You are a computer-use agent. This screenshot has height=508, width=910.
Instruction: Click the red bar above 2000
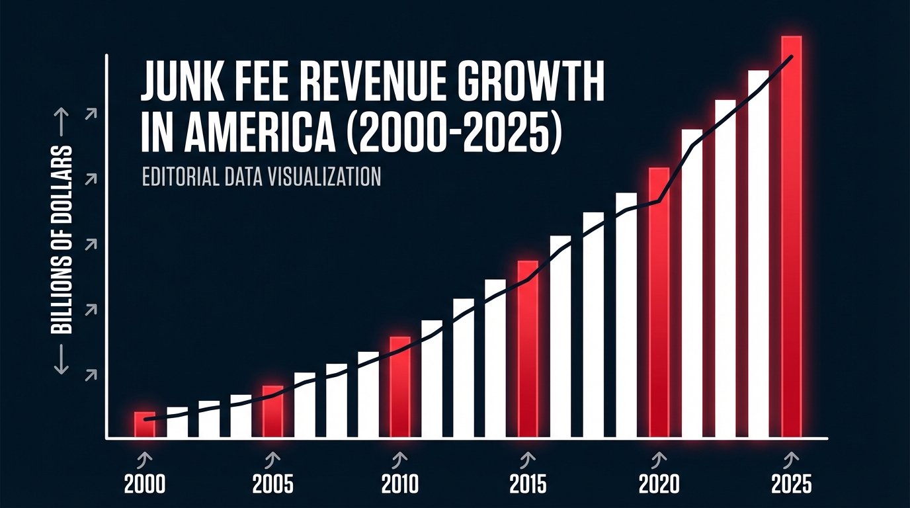tap(145, 425)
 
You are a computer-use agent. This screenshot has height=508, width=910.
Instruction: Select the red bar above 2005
tap(272, 411)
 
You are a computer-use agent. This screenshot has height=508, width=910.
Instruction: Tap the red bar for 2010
tap(400, 387)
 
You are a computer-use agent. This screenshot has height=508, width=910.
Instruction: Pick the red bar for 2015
tap(528, 349)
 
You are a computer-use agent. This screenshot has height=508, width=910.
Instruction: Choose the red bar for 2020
tap(659, 303)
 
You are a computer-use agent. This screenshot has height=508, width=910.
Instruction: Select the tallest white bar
tap(758, 254)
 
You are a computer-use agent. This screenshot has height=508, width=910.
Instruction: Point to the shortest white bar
tap(177, 423)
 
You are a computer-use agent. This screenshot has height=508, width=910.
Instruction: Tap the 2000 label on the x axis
tap(145, 485)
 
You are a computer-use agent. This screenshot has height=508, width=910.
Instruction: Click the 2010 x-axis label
tap(400, 485)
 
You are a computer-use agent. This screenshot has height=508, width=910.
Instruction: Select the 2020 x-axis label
tap(659, 485)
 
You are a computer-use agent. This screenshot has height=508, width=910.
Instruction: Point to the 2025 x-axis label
tap(791, 485)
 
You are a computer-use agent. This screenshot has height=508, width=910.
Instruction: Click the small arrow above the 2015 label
tap(528, 458)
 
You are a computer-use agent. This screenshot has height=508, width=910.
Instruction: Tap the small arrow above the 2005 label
tap(272, 458)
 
